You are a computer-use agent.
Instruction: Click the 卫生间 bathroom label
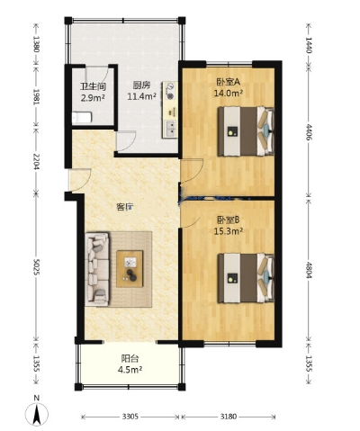pyautogui.click(x=93, y=87)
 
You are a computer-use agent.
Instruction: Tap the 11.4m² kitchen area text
pyautogui.click(x=142, y=96)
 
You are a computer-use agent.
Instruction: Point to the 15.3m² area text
pyautogui.click(x=228, y=231)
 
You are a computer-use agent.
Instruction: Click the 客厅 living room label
pyautogui.click(x=125, y=207)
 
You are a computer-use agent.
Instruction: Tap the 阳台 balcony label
pyautogui.click(x=130, y=358)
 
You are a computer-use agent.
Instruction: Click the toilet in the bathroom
pyautogui.click(x=82, y=117)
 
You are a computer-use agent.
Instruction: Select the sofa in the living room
pyautogui.click(x=97, y=269)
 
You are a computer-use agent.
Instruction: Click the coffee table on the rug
pyautogui.click(x=130, y=269)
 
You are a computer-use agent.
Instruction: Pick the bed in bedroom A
pyautogui.click(x=246, y=131)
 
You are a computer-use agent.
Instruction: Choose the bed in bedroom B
pyautogui.click(x=246, y=278)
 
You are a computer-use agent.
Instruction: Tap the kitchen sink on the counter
pyautogui.click(x=170, y=128)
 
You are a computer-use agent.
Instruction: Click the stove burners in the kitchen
pyautogui.click(x=170, y=91)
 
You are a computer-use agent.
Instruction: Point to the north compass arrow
pyautogui.click(x=37, y=414)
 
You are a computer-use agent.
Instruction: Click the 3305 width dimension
pyautogui.click(x=130, y=417)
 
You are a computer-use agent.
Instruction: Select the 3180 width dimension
pyautogui.click(x=229, y=417)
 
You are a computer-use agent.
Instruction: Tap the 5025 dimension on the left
pyautogui.click(x=37, y=267)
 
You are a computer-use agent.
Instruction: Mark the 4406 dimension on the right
pyautogui.click(x=309, y=131)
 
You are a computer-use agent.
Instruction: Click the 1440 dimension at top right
pyautogui.click(x=309, y=45)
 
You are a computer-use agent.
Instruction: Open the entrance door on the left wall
pyautogui.click(x=78, y=180)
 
